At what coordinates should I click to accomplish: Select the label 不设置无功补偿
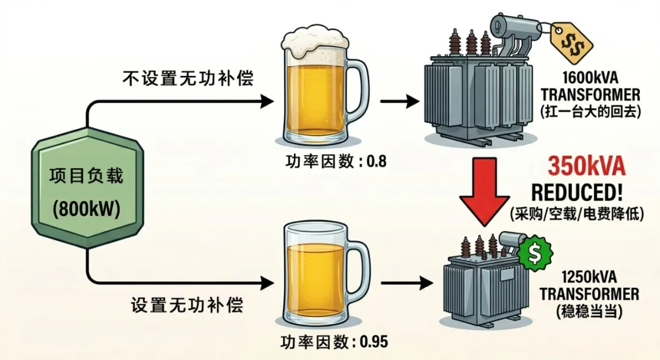(188, 78)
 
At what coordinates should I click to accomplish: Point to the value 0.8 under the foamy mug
(376, 161)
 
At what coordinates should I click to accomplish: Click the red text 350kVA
(586, 166)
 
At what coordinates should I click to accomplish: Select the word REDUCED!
(577, 193)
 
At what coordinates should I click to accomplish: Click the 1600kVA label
(590, 78)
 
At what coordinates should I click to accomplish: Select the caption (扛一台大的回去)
(591, 111)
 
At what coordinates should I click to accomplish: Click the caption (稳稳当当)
(588, 311)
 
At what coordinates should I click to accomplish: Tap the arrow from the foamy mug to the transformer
(400, 101)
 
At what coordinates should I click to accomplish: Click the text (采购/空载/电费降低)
(577, 213)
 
